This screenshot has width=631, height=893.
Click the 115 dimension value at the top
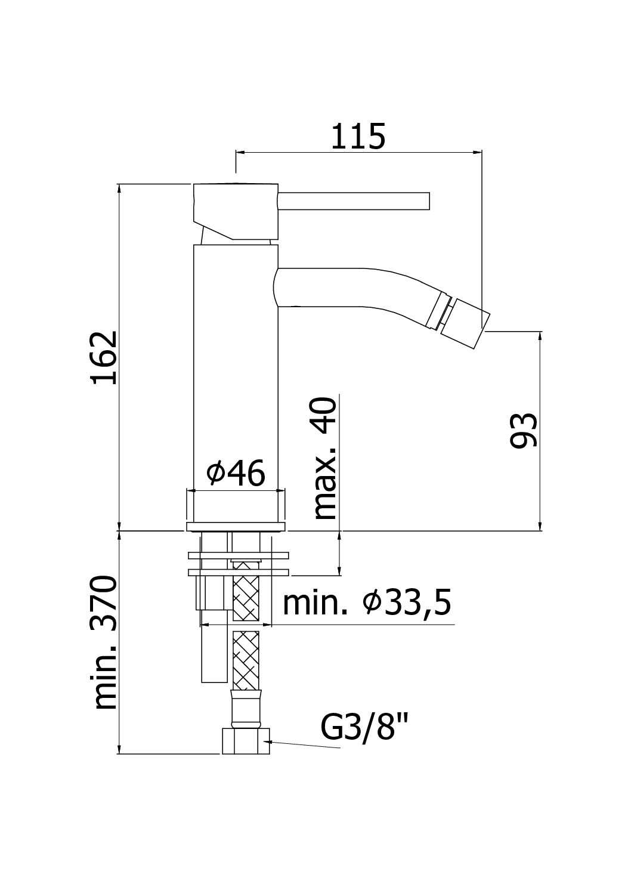[358, 137]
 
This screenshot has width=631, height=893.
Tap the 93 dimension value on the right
[524, 429]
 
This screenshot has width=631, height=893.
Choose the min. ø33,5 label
[366, 604]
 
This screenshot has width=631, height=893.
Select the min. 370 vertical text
[105, 642]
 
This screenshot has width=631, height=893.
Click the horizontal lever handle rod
[354, 201]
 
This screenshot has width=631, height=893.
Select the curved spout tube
[358, 286]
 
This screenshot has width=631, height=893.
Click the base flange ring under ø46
[236, 526]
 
